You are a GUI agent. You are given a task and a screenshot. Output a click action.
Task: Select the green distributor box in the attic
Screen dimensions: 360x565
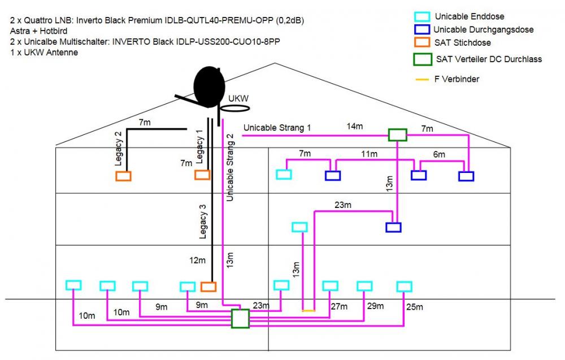[x=398, y=135]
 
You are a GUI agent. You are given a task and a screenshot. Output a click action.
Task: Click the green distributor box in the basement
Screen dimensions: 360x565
[x=240, y=318]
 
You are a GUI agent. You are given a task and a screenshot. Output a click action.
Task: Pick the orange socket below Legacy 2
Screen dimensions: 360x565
[x=123, y=176]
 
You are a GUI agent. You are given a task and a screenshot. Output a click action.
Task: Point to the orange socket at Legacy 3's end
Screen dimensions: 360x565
[x=208, y=287]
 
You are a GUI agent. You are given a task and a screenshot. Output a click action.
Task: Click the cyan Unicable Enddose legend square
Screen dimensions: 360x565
[x=421, y=16]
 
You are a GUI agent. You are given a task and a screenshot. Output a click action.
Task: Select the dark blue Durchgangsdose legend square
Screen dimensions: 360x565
[x=421, y=29]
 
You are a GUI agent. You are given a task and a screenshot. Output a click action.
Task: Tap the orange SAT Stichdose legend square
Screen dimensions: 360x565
[x=421, y=42]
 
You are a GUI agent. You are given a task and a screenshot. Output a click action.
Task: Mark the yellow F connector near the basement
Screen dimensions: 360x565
[x=308, y=310]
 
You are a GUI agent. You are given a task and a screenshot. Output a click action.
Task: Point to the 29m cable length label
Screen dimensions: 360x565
[x=375, y=306]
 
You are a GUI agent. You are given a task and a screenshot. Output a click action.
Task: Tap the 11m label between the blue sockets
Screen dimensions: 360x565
[x=370, y=154]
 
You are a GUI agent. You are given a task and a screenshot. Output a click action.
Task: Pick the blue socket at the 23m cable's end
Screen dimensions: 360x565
[x=393, y=227]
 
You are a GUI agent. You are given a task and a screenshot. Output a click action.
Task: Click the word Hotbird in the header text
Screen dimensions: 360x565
[x=52, y=32]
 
